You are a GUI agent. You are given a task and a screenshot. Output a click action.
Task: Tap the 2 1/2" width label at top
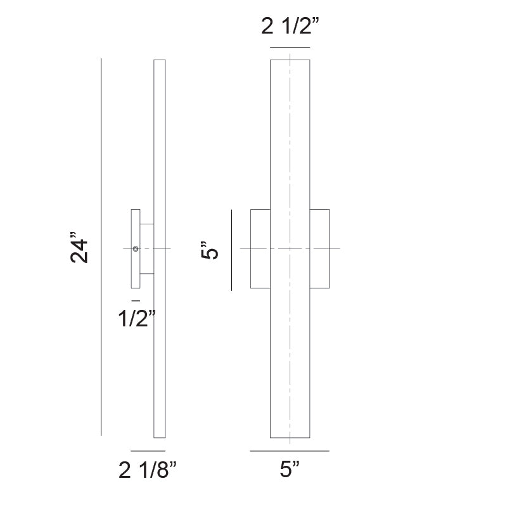[290, 27]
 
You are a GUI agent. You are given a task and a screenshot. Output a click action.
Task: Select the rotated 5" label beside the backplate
[210, 250]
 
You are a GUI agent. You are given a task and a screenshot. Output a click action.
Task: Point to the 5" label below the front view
[290, 470]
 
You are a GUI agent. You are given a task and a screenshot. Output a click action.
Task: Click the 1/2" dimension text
[136, 319]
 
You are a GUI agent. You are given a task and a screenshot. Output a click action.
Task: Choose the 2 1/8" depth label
[148, 470]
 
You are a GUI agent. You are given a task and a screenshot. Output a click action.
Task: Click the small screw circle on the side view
[136, 249]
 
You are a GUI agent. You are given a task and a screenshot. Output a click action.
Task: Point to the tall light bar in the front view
[290, 139]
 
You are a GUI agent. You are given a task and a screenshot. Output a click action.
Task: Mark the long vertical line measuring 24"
[101, 158]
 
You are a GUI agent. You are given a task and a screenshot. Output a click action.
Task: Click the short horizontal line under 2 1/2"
[290, 48]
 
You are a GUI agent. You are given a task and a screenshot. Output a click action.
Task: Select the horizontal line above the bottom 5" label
[290, 451]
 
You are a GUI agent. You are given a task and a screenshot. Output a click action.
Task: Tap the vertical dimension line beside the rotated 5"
[231, 250]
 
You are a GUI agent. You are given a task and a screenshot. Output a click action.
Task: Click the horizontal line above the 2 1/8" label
[148, 451]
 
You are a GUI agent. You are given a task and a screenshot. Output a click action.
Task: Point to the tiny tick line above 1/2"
[136, 299]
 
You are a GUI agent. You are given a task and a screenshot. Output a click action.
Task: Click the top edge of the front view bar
[290, 60]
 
